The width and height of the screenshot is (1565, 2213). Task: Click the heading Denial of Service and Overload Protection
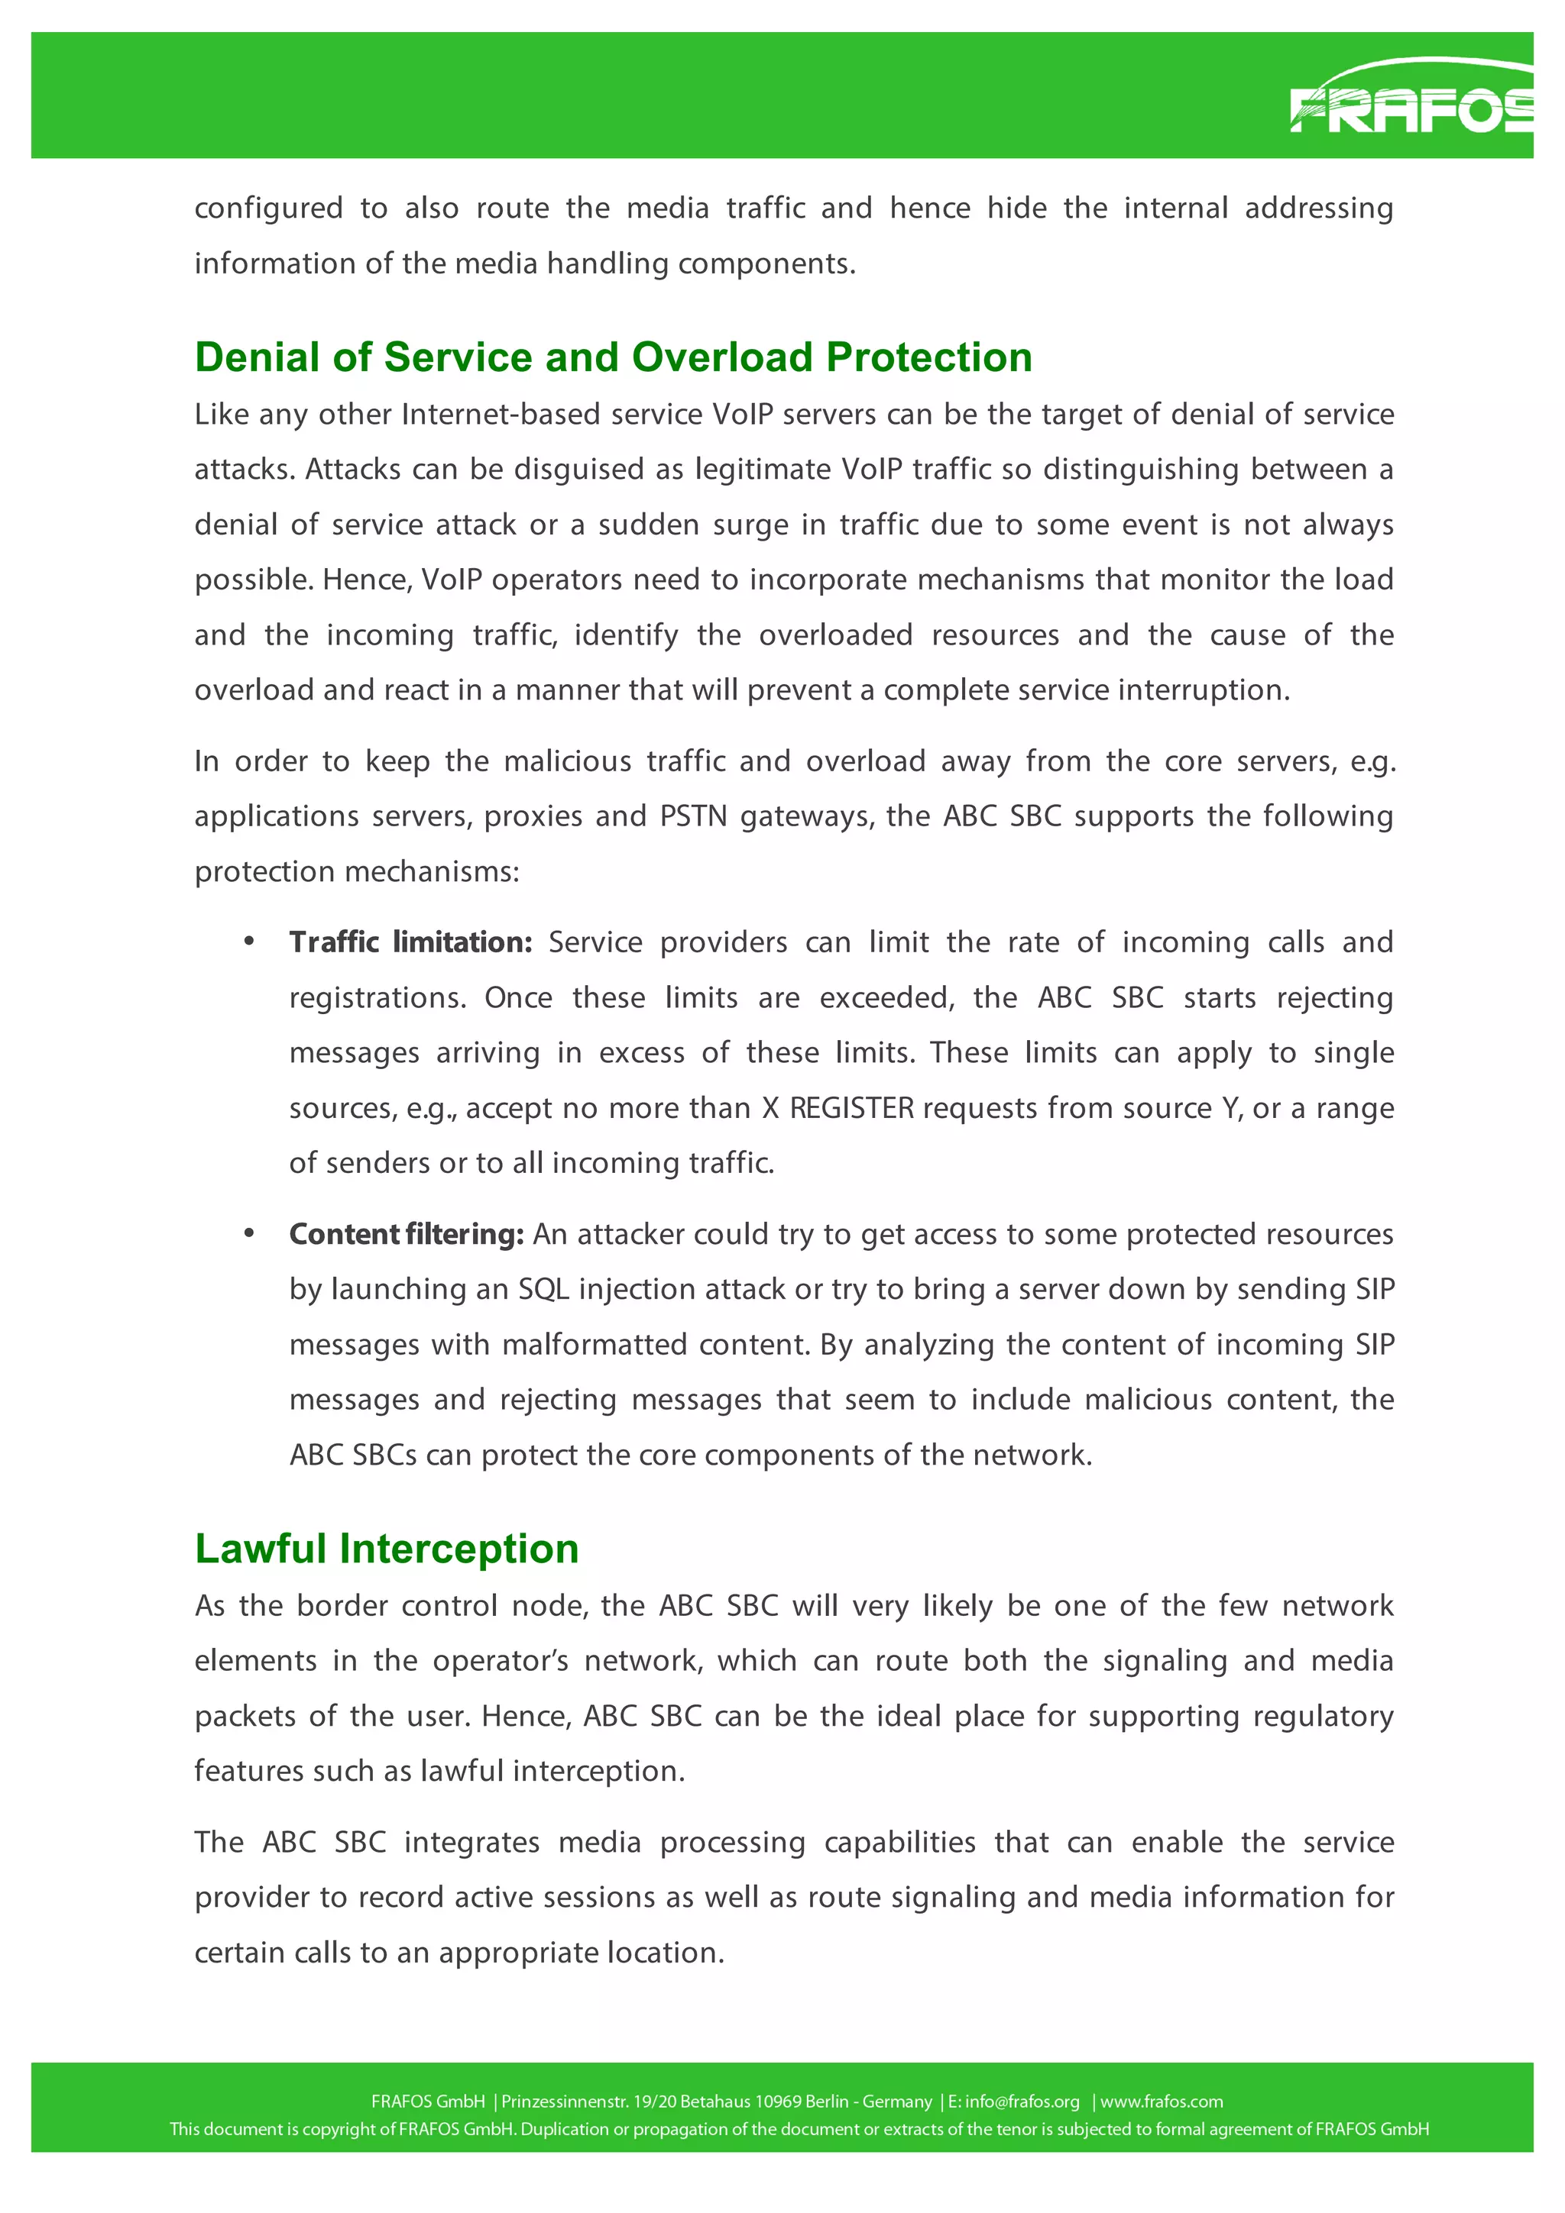coord(614,357)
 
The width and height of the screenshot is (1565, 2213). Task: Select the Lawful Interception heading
coord(386,1548)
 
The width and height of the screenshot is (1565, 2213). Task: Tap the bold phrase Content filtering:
coord(406,1234)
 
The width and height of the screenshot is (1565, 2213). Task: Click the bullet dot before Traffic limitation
coord(250,941)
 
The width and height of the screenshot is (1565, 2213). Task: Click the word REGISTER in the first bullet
coord(851,1109)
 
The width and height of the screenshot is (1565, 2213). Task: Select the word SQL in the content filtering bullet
coord(543,1290)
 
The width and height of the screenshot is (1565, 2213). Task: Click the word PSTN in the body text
coord(692,816)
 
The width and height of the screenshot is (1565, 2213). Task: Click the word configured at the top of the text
coord(268,209)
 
